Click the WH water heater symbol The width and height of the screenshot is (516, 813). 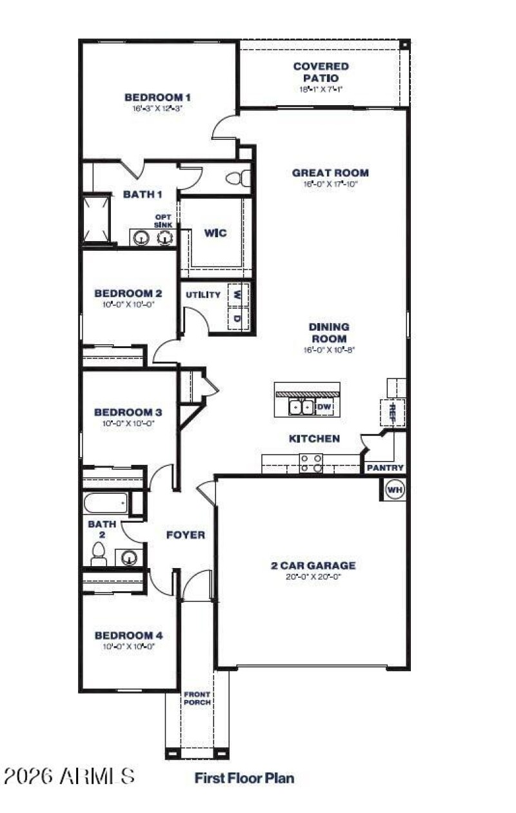point(394,490)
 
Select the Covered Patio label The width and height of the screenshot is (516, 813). point(321,72)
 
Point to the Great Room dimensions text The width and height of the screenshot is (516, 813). point(330,184)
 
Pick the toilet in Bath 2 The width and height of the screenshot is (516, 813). point(99,554)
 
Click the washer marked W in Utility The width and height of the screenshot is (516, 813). point(237,295)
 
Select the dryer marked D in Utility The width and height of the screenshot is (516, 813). point(237,318)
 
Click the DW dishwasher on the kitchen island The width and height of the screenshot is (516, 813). point(324,407)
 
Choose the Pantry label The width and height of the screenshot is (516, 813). point(385,467)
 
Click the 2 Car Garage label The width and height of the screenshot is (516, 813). point(313,565)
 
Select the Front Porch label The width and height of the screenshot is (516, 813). point(197,698)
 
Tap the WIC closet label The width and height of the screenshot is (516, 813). point(215,233)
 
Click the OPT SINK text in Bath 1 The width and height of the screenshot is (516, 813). point(163,221)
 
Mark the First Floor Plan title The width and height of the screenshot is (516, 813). point(244,778)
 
